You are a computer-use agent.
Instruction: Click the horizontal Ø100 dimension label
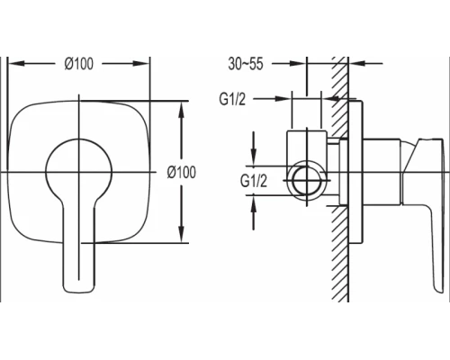[x=79, y=64]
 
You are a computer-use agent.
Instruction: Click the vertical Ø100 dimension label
[x=182, y=172]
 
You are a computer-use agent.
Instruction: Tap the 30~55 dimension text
[x=246, y=64]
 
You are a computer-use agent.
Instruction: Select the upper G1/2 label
[x=232, y=99]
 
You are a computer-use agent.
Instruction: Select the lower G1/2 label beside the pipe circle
[x=254, y=181]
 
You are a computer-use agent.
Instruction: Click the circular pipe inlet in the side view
[x=306, y=180]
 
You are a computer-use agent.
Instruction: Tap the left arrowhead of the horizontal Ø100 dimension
[x=15, y=63]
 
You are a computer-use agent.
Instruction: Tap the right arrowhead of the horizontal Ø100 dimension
[x=141, y=63]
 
